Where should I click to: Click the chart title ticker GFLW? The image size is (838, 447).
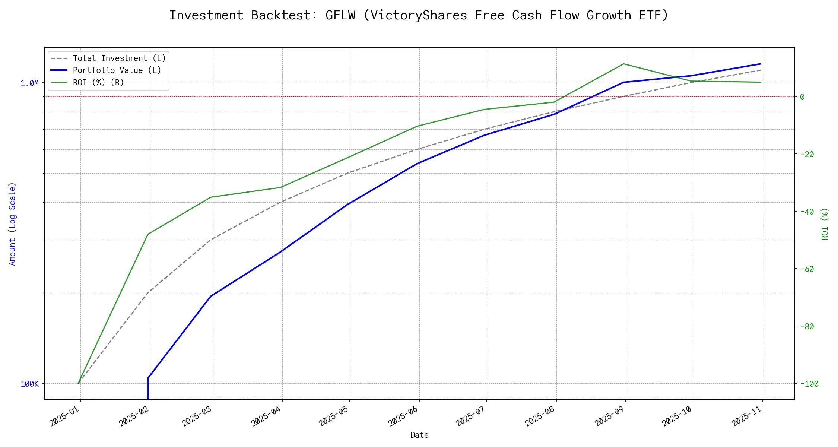pos(340,15)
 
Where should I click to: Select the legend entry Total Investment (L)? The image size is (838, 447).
pos(119,58)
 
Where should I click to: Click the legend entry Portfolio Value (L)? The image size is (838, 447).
pos(117,70)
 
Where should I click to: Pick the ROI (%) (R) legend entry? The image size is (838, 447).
pos(98,82)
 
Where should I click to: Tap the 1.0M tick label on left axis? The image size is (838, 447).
pos(29,83)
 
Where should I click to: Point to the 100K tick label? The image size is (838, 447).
pos(29,384)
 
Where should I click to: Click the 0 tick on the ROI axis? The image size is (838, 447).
pos(802,97)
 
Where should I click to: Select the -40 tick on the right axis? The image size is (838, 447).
pos(807,212)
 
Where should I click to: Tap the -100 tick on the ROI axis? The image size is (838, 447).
pos(809,384)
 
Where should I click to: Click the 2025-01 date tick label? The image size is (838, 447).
pos(64,416)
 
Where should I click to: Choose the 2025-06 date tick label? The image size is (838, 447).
pos(403,416)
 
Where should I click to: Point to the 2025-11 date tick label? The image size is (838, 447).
pos(747,416)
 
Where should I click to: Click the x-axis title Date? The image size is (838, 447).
pos(419,435)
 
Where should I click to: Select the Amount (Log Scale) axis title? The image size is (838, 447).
pos(13,223)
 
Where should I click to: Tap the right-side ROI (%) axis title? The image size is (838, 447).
pos(825,223)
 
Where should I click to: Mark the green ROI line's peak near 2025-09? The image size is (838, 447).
pos(623,64)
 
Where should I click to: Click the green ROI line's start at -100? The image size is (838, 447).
pos(78,383)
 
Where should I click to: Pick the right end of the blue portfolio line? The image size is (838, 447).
pos(761,64)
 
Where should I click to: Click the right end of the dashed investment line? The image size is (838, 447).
pos(761,70)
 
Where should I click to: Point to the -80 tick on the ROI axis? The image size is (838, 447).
pos(807,326)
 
